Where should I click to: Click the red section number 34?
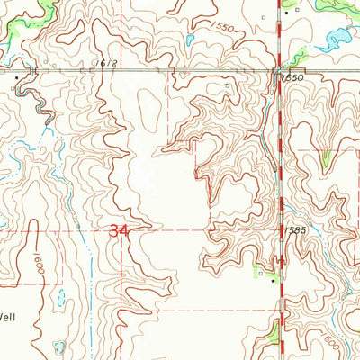tap(118, 231)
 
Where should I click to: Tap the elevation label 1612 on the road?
tap(108, 63)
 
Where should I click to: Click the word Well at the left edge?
tap(7, 316)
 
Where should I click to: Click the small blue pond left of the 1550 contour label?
tap(190, 40)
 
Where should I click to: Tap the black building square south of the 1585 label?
tap(275, 280)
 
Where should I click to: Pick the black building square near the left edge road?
tap(16, 78)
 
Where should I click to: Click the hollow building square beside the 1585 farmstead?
tap(261, 269)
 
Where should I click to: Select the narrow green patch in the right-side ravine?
tap(326, 160)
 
